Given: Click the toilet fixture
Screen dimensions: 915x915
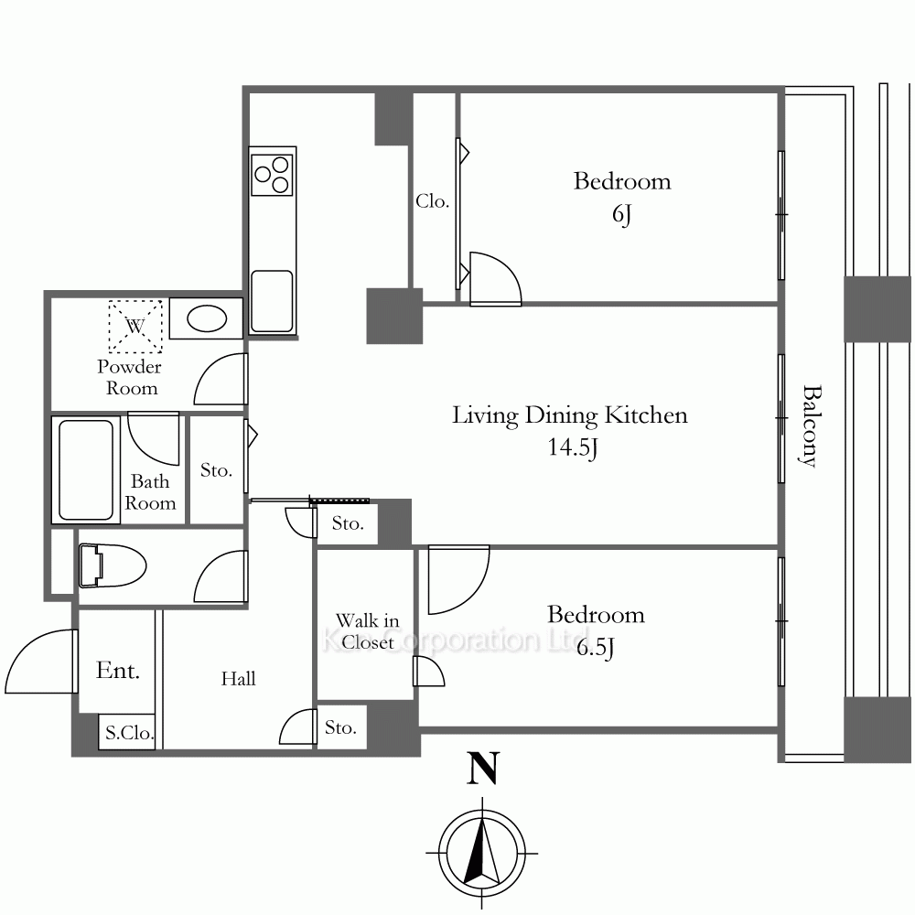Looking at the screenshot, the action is pyautogui.click(x=112, y=565).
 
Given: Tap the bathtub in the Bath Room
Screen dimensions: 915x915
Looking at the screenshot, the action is pyautogui.click(x=86, y=469).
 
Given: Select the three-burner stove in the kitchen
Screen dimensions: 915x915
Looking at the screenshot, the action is pyautogui.click(x=272, y=173).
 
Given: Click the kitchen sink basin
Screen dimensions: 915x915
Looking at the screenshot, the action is pyautogui.click(x=272, y=301).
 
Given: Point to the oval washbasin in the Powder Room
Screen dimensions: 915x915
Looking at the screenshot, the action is pyautogui.click(x=207, y=319).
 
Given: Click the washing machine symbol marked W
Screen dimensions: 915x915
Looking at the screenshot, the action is pyautogui.click(x=135, y=327).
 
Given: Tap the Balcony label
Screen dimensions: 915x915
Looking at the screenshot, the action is pyautogui.click(x=808, y=426).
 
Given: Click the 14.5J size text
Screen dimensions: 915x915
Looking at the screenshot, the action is pyautogui.click(x=573, y=447).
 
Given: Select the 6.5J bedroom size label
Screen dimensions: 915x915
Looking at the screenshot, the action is pyautogui.click(x=596, y=648).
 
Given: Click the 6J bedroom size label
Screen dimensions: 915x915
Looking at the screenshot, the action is pyautogui.click(x=622, y=214).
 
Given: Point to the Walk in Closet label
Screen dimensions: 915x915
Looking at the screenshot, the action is pyautogui.click(x=368, y=630).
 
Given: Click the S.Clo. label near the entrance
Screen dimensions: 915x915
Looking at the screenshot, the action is pyautogui.click(x=129, y=732).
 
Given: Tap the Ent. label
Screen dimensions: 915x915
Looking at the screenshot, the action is pyautogui.click(x=118, y=670).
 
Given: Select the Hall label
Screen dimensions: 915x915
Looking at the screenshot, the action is pyautogui.click(x=238, y=678).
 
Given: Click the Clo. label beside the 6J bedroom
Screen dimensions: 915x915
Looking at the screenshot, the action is pyautogui.click(x=433, y=201).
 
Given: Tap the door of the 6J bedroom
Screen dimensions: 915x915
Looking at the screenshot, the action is pyautogui.click(x=495, y=278).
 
